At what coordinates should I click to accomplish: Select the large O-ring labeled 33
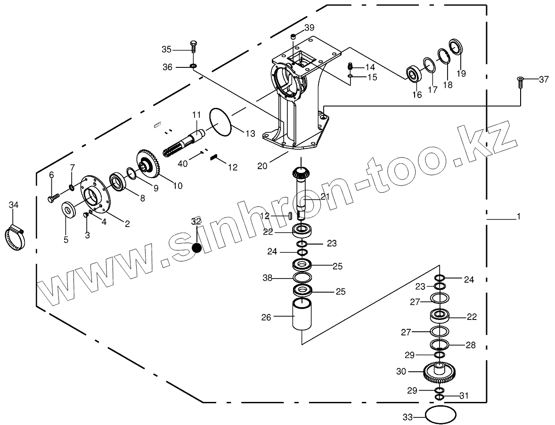[441, 415]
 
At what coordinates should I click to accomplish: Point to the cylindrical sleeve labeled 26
[302, 314]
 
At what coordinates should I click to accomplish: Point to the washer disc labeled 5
[70, 209]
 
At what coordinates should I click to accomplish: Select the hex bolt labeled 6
[53, 197]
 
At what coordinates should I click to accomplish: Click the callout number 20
[262, 166]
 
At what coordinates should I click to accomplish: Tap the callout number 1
[518, 217]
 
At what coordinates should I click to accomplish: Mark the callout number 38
[268, 278]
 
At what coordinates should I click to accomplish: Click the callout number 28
[470, 345]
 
